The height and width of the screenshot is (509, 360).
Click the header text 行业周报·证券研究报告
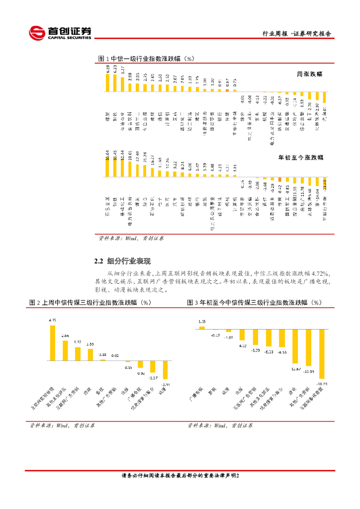tap(297, 34)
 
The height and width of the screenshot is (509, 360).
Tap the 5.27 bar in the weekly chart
tap(122, 85)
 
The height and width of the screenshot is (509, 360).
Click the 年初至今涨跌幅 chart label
tap(300, 157)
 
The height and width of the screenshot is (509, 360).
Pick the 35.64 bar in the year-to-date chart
tap(107, 169)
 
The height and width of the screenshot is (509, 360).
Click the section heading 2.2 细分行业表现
tap(122, 261)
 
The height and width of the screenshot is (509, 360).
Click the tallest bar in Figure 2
tap(52, 342)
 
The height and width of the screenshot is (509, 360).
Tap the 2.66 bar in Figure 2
tap(65, 350)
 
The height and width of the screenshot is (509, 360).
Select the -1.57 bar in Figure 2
tap(153, 366)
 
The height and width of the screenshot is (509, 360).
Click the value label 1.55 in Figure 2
tap(90, 344)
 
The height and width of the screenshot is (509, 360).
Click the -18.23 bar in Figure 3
tap(322, 354)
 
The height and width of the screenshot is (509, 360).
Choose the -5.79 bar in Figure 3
tap(256, 337)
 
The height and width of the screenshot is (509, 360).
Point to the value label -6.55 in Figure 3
tap(282, 352)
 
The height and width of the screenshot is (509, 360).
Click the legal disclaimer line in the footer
tap(180, 476)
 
